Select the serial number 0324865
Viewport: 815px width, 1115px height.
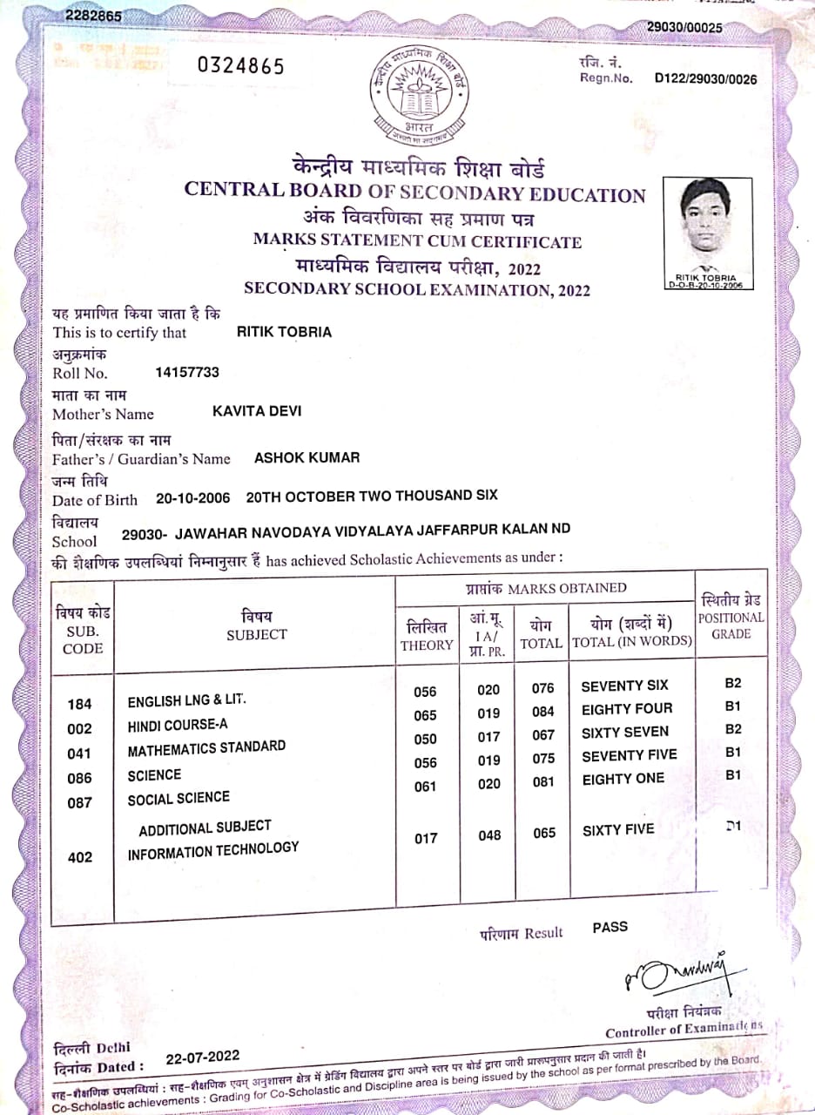pyautogui.click(x=240, y=67)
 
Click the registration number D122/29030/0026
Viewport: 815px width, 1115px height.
pyautogui.click(x=705, y=79)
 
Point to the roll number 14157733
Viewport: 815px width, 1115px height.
pyautogui.click(x=187, y=373)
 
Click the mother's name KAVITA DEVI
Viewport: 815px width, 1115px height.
pyautogui.click(x=257, y=411)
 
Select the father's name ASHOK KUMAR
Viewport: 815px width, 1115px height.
pyautogui.click(x=306, y=457)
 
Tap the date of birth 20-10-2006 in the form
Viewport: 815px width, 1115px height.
pyautogui.click(x=192, y=497)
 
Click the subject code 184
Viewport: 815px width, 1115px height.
pyautogui.click(x=79, y=705)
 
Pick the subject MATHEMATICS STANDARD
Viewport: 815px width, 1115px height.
pyautogui.click(x=206, y=748)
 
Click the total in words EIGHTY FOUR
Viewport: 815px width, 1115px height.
pyautogui.click(x=627, y=709)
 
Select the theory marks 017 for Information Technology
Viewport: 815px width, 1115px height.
pyautogui.click(x=426, y=838)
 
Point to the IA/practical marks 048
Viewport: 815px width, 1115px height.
pyautogui.click(x=489, y=835)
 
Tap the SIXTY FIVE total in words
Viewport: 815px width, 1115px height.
pyautogui.click(x=617, y=830)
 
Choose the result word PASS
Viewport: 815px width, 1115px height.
pyautogui.click(x=610, y=927)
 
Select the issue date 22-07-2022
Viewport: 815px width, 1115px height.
pyautogui.click(x=202, y=1058)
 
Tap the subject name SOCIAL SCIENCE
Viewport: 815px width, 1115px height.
pyautogui.click(x=178, y=798)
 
